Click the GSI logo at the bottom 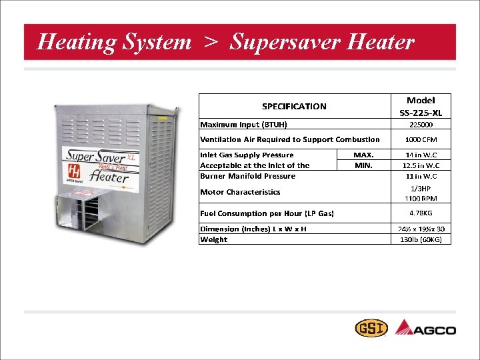click(369, 329)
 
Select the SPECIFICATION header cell click(294, 106)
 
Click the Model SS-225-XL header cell click(420, 106)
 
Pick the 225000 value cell click(420, 124)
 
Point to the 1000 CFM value click(420, 140)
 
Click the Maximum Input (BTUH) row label click(244, 124)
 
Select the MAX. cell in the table click(363, 155)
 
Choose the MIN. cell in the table click(363, 165)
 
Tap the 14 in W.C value click(420, 155)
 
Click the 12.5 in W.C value click(420, 165)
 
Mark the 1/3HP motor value click(420, 189)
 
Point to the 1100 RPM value click(420, 199)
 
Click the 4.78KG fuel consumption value click(420, 214)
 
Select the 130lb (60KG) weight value click(420, 239)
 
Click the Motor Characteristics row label click(241, 192)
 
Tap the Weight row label click(214, 239)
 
